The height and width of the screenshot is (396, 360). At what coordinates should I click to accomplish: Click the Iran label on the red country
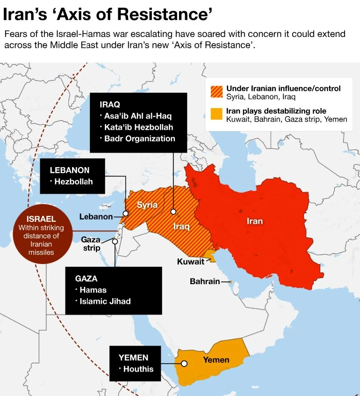tap(254, 221)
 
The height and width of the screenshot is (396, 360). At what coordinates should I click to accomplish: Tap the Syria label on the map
tap(147, 205)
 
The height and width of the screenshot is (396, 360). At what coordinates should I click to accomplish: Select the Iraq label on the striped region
tap(181, 227)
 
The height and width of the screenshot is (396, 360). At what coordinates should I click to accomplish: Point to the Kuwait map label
tap(190, 262)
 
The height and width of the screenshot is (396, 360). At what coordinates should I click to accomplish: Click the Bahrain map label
tap(204, 281)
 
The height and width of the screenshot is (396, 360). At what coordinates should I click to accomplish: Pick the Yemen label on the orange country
tap(216, 359)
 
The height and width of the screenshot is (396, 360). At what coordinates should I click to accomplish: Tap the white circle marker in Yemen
tap(184, 363)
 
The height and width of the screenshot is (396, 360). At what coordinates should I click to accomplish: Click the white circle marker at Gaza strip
tap(115, 242)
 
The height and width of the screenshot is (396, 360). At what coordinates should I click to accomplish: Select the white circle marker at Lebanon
tap(125, 213)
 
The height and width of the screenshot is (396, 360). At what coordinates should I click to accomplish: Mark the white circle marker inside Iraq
tap(173, 212)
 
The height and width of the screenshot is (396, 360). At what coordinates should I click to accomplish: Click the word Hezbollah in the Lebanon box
tap(73, 182)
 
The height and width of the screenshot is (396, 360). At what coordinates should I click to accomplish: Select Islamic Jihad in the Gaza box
tap(105, 301)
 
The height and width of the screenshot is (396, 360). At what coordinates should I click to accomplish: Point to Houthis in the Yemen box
tap(138, 369)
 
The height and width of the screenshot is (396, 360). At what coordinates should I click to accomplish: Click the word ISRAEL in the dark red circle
tap(41, 219)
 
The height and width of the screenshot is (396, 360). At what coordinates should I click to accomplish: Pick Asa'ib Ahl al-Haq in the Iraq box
tap(138, 116)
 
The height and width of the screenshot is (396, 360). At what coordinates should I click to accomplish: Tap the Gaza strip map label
tap(92, 243)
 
